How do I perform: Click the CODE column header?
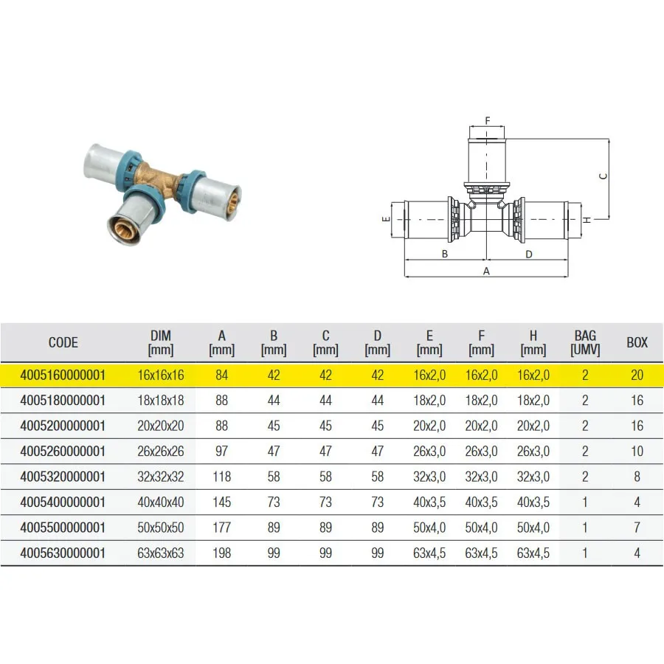(63, 342)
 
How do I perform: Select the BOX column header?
(637, 342)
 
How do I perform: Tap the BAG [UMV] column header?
(585, 342)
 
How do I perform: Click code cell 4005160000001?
(63, 376)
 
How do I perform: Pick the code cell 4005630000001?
(63, 553)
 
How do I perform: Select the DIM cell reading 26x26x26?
(161, 452)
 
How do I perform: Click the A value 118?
(221, 477)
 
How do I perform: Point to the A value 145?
(221, 502)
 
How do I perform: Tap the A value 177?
(221, 528)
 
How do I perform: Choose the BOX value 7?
(637, 528)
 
